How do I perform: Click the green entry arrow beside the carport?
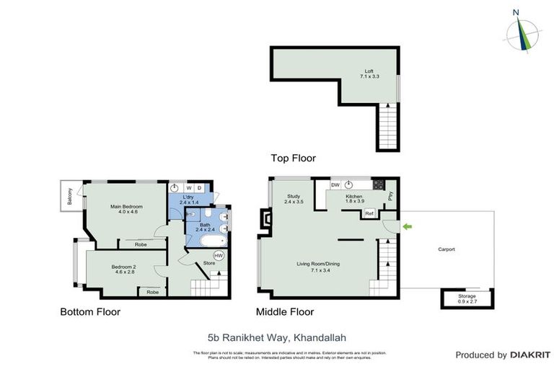click(407, 227)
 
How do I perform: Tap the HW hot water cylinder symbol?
click(219, 255)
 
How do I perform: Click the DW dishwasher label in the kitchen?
click(335, 185)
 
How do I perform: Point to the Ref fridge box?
click(369, 213)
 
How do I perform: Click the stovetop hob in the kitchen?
click(379, 185)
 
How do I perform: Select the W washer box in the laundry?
click(189, 188)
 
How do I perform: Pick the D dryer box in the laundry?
click(199, 188)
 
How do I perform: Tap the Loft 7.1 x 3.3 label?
click(369, 74)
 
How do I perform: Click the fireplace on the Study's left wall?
click(265, 222)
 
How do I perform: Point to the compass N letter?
click(515, 12)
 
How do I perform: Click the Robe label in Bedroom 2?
click(151, 292)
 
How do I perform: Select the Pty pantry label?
click(390, 195)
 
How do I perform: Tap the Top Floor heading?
click(293, 158)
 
